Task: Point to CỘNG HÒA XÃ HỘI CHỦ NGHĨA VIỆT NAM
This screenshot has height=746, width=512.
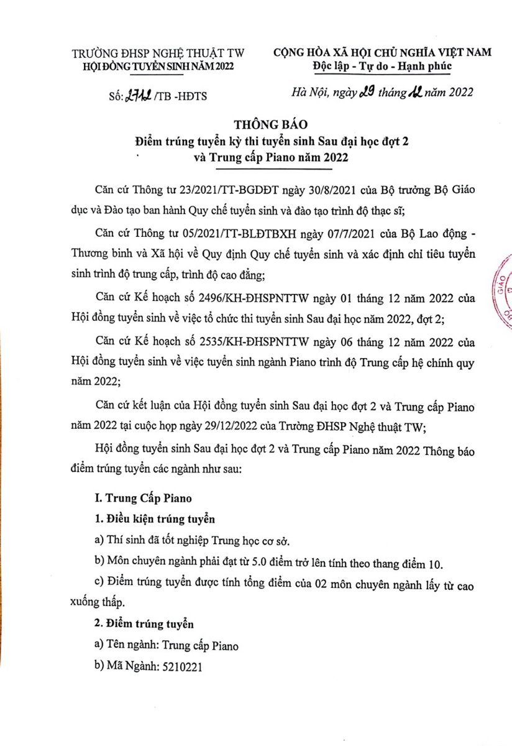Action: tap(382, 53)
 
